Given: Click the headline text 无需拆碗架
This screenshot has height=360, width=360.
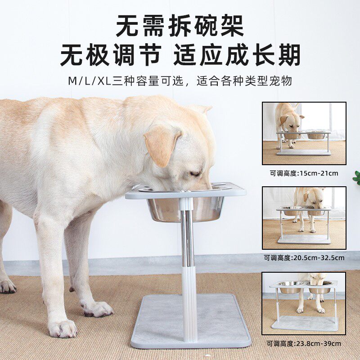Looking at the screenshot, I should click(x=180, y=26).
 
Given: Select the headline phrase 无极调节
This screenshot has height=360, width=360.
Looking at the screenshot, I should click(x=111, y=57).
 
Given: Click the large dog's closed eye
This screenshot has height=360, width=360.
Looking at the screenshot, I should click(x=195, y=173).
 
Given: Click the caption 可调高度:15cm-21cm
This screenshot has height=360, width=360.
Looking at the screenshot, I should click(x=304, y=173).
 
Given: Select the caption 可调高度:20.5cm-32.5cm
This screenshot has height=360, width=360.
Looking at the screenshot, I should click(x=304, y=258).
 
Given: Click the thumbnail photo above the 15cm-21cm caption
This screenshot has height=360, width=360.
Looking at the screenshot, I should click(x=304, y=133).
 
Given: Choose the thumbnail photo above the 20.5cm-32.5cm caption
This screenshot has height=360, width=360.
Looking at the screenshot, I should click(x=304, y=218).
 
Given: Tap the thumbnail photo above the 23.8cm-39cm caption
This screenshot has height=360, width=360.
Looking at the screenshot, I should click(x=304, y=303).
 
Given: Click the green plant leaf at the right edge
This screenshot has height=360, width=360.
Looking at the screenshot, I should click(x=356, y=176).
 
